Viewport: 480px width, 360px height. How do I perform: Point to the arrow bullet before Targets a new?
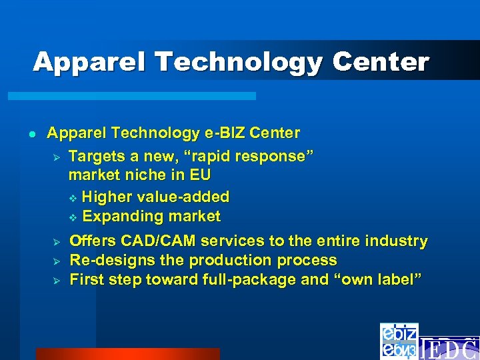[x=57, y=157]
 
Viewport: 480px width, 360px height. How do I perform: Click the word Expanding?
[x=118, y=217]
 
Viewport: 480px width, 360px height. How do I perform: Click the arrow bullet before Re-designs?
[x=57, y=261]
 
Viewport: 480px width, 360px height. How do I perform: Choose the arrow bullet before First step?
[x=57, y=280]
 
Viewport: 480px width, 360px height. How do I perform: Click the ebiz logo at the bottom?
[x=399, y=341]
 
